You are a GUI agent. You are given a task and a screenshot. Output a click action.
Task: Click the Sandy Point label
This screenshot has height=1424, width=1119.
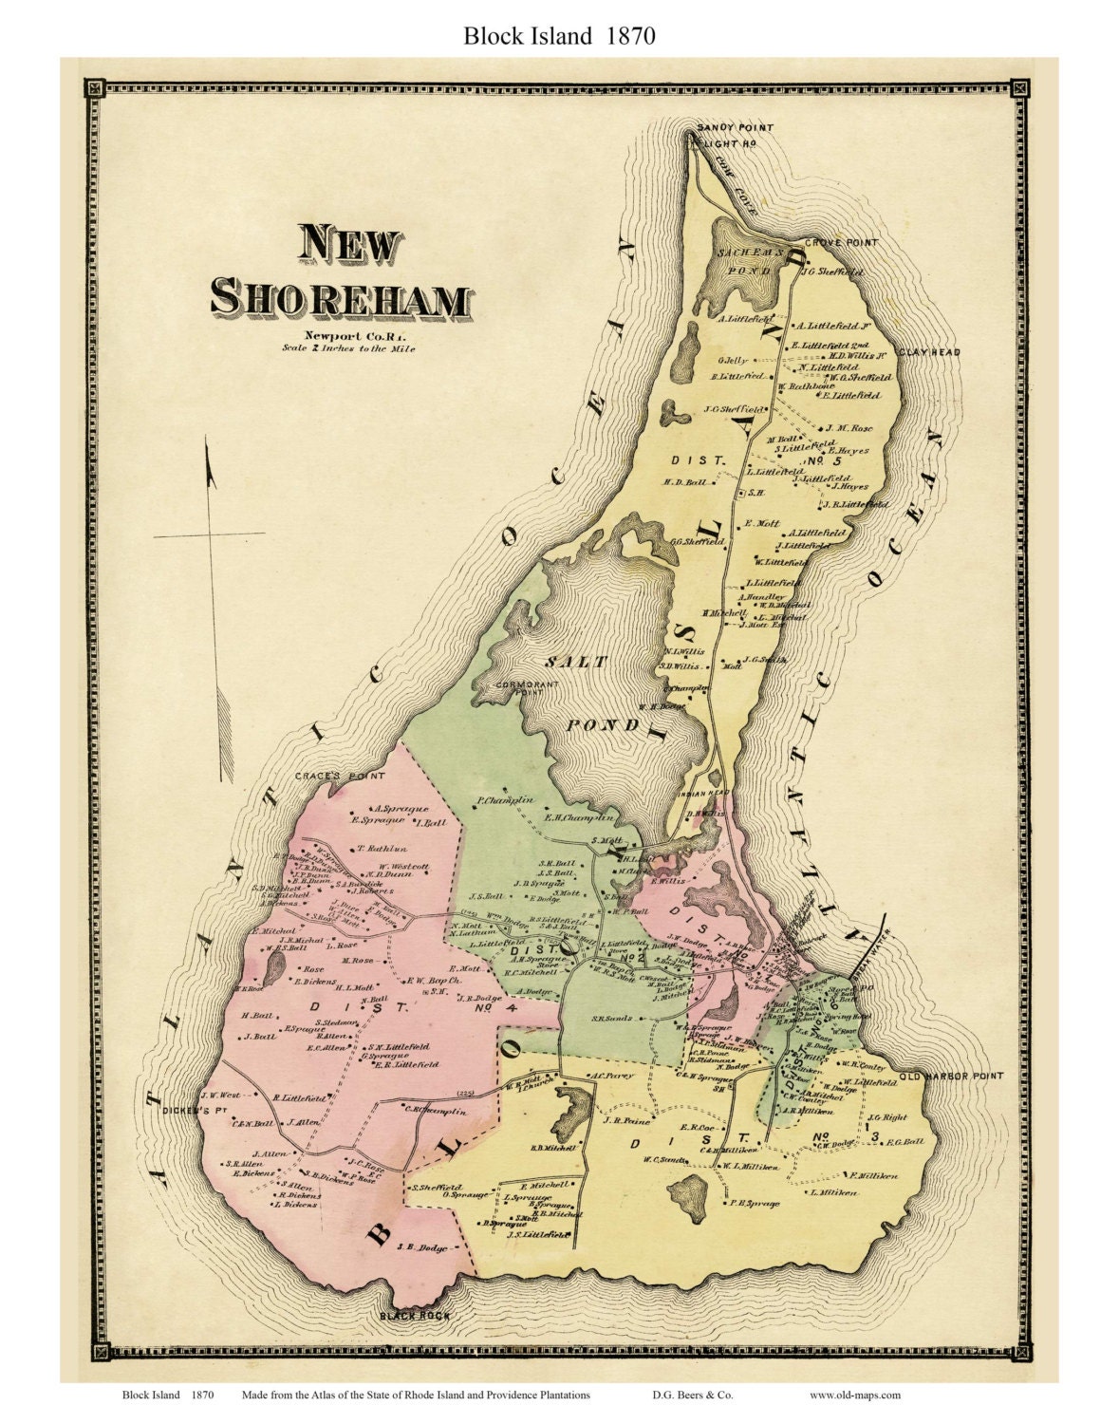pyautogui.click(x=735, y=127)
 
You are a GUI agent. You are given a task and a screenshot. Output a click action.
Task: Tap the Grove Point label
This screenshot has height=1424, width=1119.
pyautogui.click(x=841, y=243)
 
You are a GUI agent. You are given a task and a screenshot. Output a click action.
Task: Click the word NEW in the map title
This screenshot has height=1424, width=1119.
pyautogui.click(x=349, y=246)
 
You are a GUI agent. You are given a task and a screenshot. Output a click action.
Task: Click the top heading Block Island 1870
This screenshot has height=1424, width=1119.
pyautogui.click(x=559, y=36)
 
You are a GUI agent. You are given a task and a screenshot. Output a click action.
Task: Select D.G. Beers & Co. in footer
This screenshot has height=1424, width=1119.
pyautogui.click(x=692, y=1395)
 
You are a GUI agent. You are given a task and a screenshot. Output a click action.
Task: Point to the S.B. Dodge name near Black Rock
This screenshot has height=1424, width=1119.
pyautogui.click(x=420, y=1247)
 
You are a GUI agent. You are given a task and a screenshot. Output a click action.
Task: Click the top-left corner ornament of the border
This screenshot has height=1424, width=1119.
pyautogui.click(x=93, y=88)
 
